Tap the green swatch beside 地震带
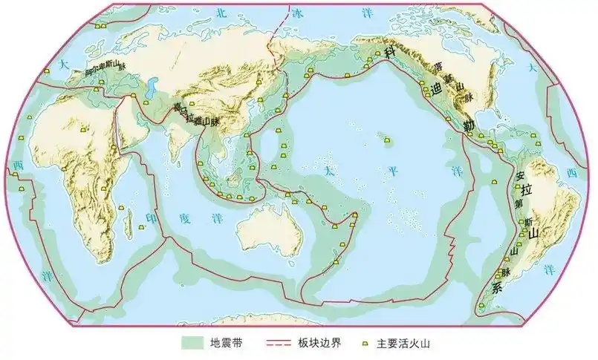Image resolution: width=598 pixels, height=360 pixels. [195, 344]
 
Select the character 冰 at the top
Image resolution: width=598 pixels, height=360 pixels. [296, 13]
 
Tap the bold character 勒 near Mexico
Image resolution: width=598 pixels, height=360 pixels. [467, 122]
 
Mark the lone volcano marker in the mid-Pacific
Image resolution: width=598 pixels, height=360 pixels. [387, 137]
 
